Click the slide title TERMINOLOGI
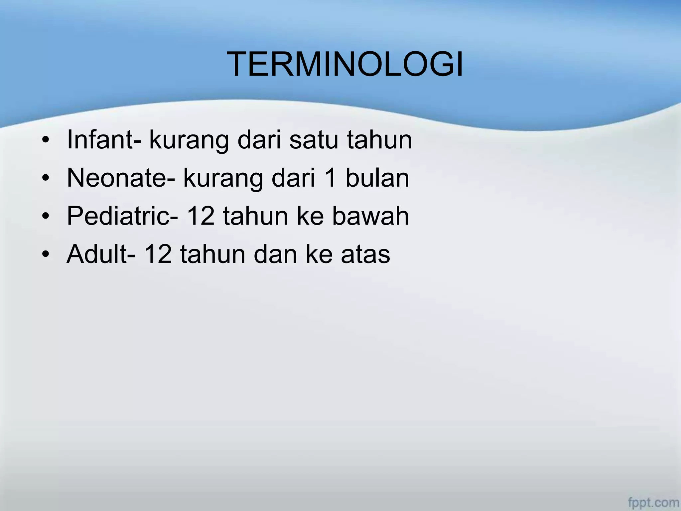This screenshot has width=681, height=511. (345, 65)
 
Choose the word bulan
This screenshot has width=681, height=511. (377, 178)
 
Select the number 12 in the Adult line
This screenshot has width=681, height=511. (158, 255)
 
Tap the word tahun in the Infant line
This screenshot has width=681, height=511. (379, 140)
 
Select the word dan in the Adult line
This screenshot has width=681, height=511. (275, 255)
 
